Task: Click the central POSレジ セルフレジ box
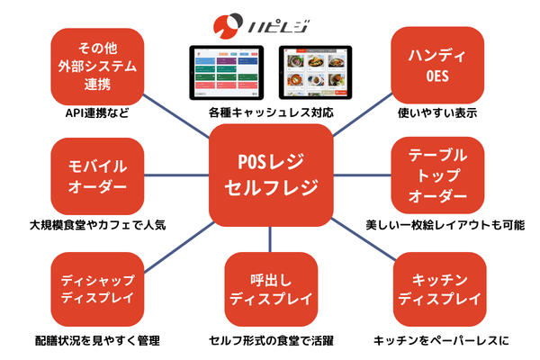tap(270, 175)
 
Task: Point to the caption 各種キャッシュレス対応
tap(271, 113)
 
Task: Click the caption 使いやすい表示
tap(437, 113)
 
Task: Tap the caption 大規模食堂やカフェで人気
tap(98, 225)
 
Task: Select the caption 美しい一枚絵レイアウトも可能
tap(445, 225)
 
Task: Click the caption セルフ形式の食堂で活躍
tap(271, 341)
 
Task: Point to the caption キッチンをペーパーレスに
tap(442, 341)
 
